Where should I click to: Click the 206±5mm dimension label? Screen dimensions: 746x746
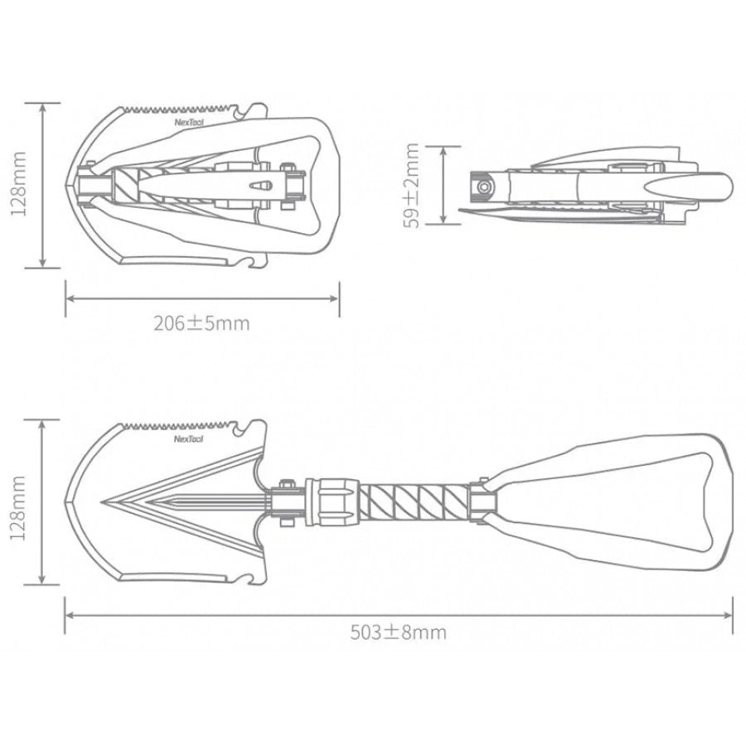coord(201,323)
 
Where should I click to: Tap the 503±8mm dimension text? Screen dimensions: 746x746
coord(399,632)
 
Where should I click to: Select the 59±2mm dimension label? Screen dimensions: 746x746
coord(411,186)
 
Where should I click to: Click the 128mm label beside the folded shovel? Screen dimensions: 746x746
coord(18,184)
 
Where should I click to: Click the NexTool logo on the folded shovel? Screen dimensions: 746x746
coord(189,123)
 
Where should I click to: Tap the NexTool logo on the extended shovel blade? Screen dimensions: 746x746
coord(189,438)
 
